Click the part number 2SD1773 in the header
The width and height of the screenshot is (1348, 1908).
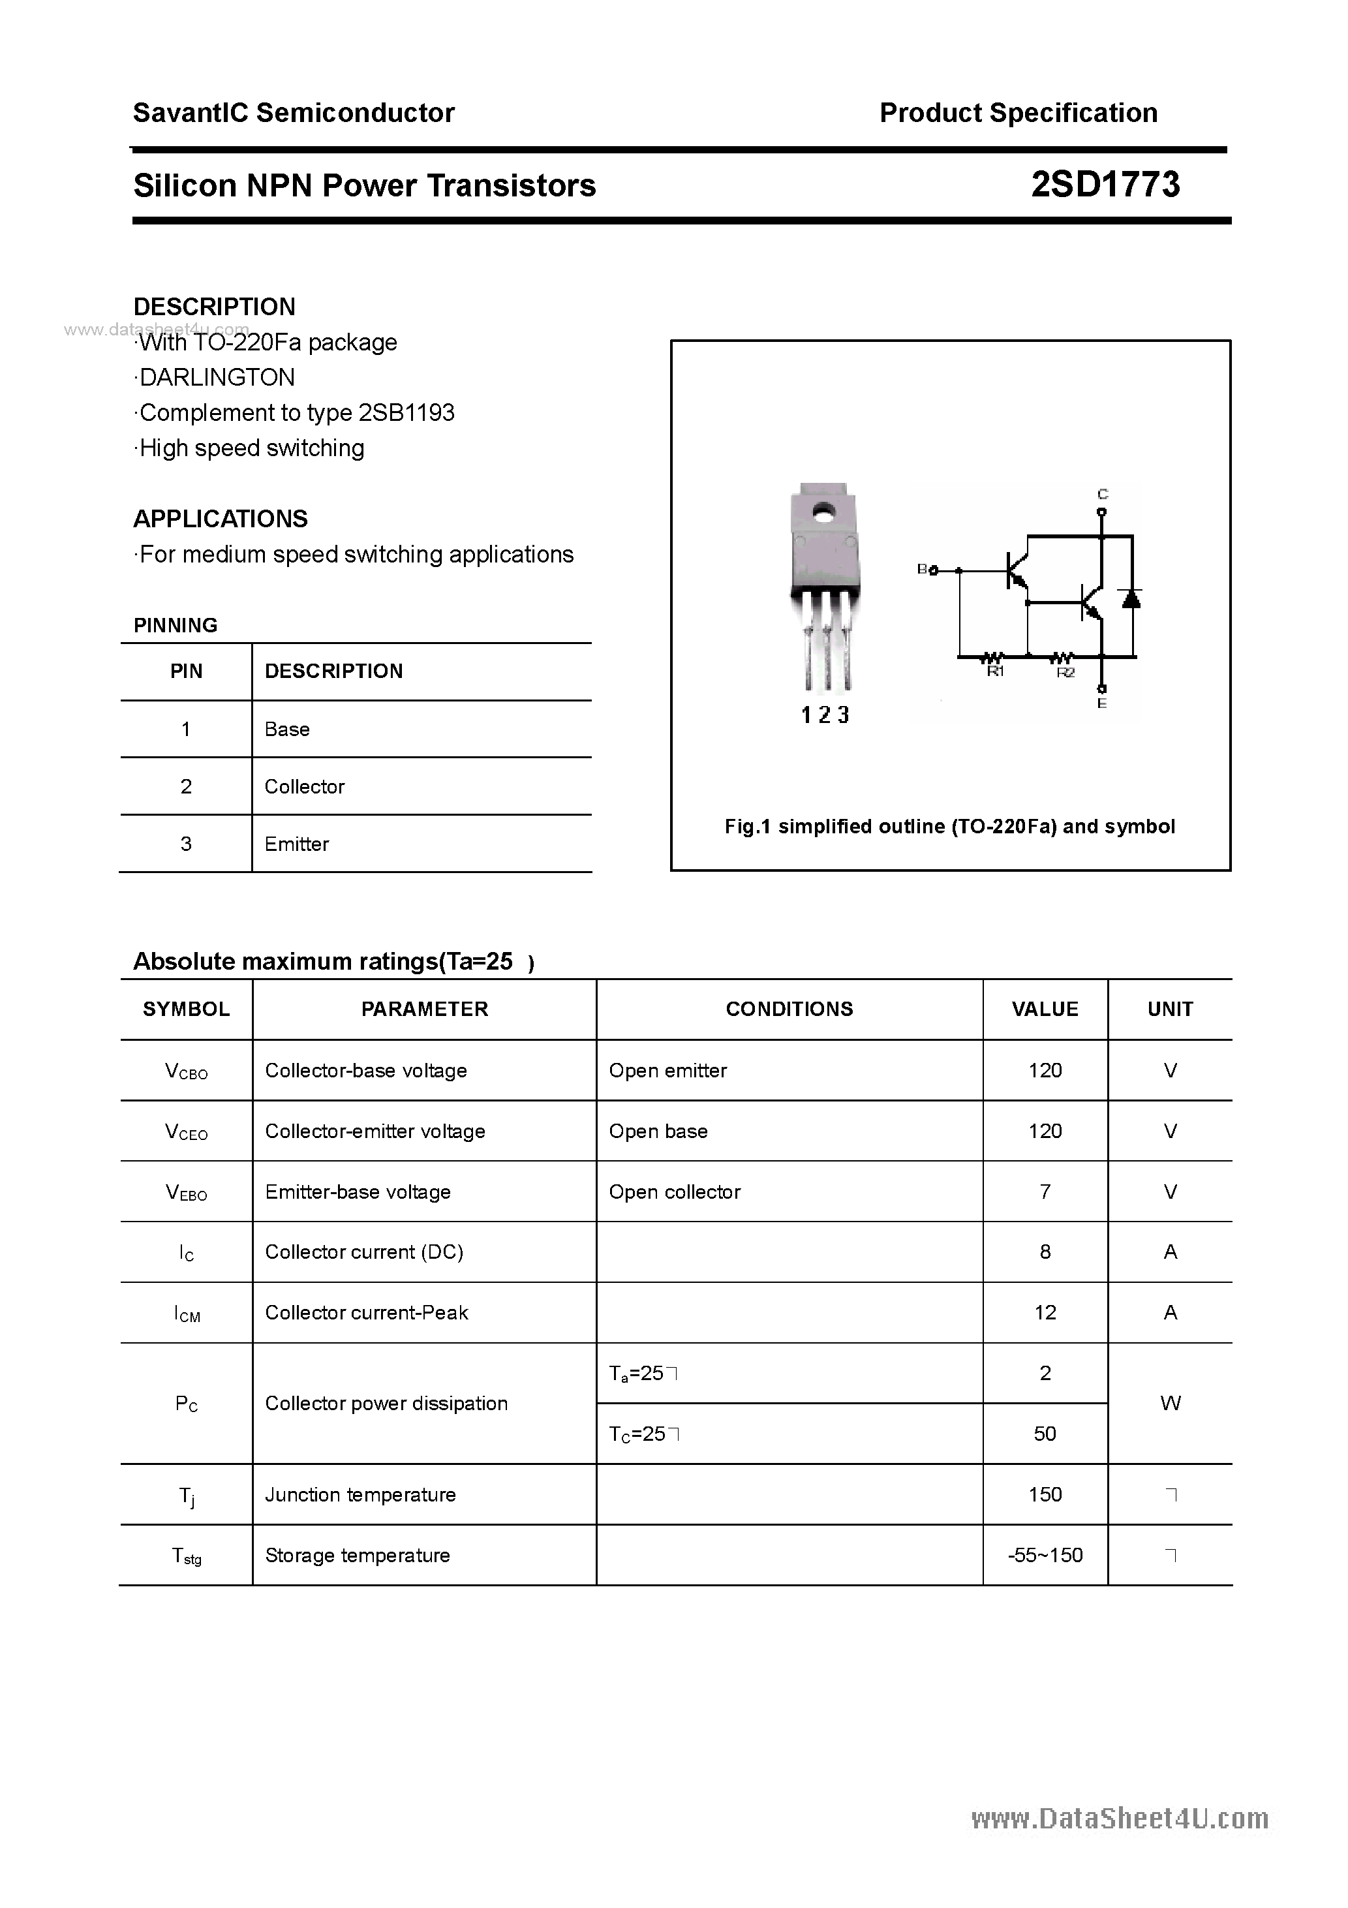click(x=1105, y=185)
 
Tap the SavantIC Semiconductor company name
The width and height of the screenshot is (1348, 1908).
click(x=294, y=113)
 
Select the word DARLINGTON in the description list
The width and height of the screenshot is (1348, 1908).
click(x=217, y=377)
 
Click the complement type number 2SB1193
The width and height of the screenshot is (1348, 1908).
click(x=406, y=413)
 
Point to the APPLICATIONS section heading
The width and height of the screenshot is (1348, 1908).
click(x=221, y=519)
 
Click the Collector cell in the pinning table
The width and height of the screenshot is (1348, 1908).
click(x=304, y=786)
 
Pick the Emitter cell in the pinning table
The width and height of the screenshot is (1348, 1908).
click(x=297, y=844)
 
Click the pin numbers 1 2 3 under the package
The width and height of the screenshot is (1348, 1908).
click(x=825, y=715)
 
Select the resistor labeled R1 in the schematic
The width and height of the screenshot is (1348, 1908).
click(x=995, y=658)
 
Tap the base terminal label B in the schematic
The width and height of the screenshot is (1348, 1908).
click(x=922, y=569)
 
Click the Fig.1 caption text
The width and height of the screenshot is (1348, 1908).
click(x=949, y=826)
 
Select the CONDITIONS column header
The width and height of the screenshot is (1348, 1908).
click(x=789, y=1009)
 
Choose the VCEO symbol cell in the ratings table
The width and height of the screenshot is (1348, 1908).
click(x=186, y=1132)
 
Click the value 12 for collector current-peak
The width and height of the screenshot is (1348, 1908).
click(x=1045, y=1312)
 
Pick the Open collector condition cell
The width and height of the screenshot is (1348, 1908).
click(x=674, y=1192)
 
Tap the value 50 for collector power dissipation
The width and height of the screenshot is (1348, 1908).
click(x=1045, y=1434)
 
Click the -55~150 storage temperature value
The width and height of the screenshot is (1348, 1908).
click(x=1045, y=1555)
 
